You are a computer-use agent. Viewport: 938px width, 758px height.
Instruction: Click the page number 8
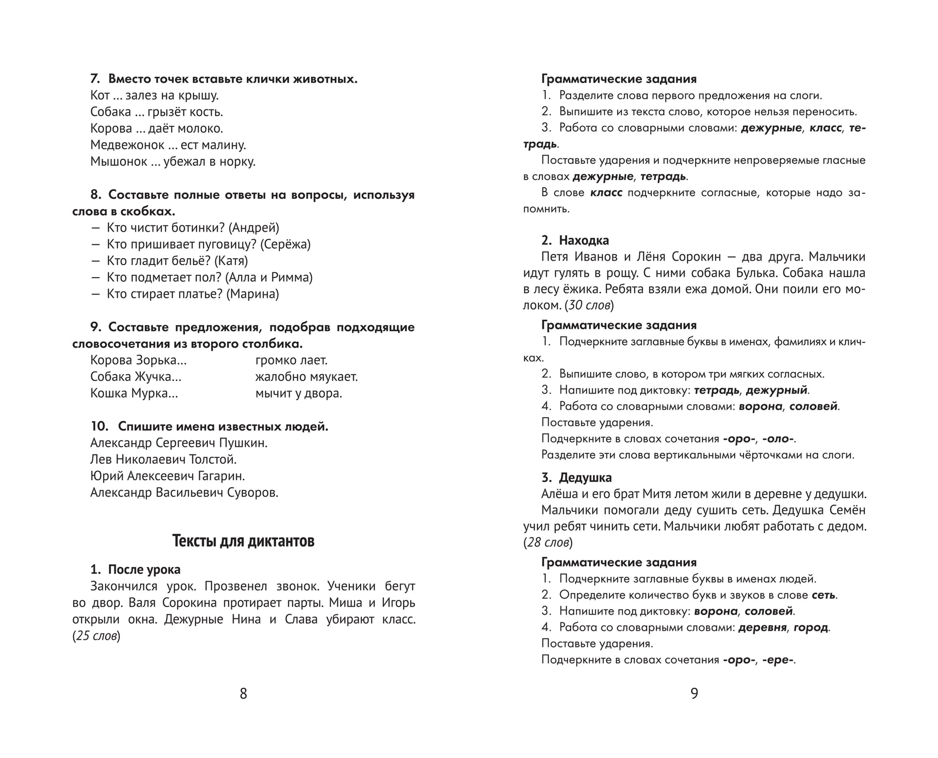tap(243, 693)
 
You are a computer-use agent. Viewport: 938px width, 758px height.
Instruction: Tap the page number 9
tap(694, 693)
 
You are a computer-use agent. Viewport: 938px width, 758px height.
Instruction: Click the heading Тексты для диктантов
tap(243, 541)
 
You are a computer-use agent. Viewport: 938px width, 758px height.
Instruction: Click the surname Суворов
tap(253, 492)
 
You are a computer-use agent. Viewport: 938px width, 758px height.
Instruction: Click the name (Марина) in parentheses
tap(253, 294)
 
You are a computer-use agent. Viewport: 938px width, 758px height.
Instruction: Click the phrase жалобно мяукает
tap(307, 377)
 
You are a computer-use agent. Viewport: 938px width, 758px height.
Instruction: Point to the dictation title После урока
tap(144, 569)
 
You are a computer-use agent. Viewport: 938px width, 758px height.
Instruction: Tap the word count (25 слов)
tap(96, 636)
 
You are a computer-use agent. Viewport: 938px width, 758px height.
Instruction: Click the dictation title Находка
tap(584, 240)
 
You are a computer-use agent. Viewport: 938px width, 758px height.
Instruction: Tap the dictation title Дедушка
tap(585, 478)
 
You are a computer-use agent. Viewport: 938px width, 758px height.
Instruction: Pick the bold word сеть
tap(824, 595)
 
